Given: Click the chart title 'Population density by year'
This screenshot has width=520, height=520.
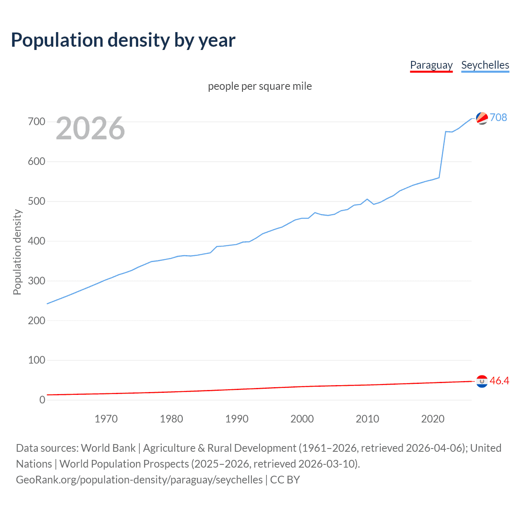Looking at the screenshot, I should click(x=123, y=40).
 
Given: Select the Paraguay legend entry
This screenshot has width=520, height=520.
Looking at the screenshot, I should click(x=431, y=65).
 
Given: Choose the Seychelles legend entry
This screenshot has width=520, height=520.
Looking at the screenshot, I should click(x=485, y=65).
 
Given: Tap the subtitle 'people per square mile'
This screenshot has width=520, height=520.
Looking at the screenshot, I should click(x=260, y=87).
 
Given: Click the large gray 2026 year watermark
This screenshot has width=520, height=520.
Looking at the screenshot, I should click(x=90, y=128).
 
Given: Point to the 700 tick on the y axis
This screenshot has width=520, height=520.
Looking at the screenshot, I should click(x=37, y=122).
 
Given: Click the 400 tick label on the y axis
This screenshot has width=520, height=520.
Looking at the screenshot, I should click(x=37, y=241).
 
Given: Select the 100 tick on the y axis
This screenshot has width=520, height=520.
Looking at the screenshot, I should click(x=37, y=360).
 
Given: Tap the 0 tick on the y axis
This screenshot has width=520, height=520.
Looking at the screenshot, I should click(x=42, y=400).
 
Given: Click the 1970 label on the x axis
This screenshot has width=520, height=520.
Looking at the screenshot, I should click(x=106, y=419).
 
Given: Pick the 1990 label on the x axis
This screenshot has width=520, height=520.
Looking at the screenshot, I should click(x=237, y=419).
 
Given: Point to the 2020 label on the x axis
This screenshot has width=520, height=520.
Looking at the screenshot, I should click(x=433, y=419).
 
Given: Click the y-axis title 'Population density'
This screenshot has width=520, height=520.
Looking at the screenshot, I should click(x=17, y=252).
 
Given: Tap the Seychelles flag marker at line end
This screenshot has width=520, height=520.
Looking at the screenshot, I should click(x=482, y=118).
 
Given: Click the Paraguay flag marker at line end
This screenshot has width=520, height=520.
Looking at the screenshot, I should click(x=482, y=381).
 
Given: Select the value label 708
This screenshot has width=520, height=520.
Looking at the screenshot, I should click(x=498, y=117).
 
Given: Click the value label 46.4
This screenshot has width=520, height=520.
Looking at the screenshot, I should click(x=499, y=381).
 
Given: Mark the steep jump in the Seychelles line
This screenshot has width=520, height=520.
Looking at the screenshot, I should click(x=442, y=154).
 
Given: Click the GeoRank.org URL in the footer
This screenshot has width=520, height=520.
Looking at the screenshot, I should click(x=139, y=480).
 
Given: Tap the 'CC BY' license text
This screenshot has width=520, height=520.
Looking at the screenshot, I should click(x=285, y=480).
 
